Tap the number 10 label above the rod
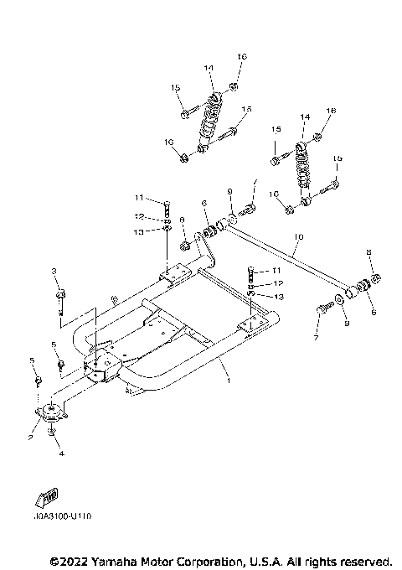pos(296,238)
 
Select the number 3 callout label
pos(54,271)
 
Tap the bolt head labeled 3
pos(60,293)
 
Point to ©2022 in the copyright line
pos(70,560)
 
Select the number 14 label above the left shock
pos(208,66)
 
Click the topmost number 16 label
pos(242,57)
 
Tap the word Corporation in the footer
pos(216,560)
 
